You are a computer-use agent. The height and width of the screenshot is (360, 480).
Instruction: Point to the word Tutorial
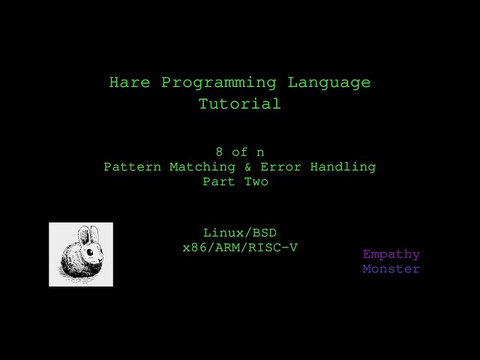click(x=239, y=104)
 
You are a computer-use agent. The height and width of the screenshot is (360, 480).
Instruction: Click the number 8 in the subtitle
click(x=218, y=151)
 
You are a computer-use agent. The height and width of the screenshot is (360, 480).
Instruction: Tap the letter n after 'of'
click(x=260, y=151)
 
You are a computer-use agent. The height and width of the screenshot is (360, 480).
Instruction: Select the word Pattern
click(x=132, y=166)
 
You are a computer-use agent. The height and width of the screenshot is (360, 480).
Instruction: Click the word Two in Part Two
click(x=256, y=181)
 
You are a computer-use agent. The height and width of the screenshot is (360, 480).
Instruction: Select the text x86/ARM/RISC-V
click(x=239, y=247)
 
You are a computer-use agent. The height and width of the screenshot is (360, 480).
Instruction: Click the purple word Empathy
click(x=391, y=254)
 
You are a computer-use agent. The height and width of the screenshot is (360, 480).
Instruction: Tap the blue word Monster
click(x=391, y=268)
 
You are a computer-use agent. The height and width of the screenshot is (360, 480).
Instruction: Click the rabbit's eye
click(x=90, y=253)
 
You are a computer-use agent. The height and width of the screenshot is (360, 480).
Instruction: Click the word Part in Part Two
click(x=218, y=181)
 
